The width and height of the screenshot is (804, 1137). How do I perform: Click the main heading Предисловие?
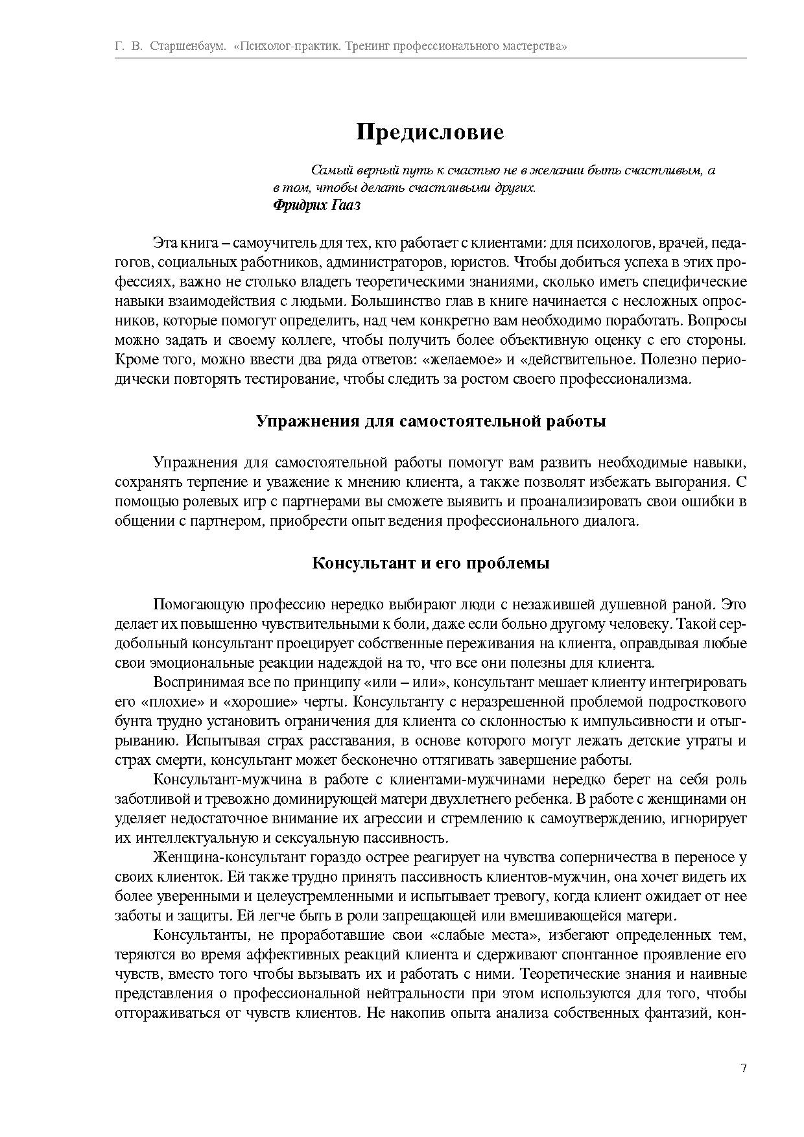point(430,132)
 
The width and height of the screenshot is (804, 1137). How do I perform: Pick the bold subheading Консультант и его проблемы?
point(431,563)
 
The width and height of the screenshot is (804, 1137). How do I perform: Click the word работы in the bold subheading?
point(574,421)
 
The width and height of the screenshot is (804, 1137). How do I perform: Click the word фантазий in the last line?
point(672,1013)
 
